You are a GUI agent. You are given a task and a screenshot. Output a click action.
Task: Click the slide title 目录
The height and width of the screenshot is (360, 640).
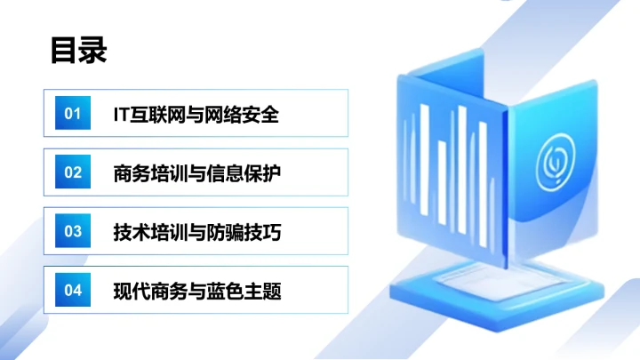coord(78,50)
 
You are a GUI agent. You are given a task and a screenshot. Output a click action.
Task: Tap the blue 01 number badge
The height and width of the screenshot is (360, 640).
coord(73,114)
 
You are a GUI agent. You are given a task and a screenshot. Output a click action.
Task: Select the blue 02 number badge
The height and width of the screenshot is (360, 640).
coord(73,172)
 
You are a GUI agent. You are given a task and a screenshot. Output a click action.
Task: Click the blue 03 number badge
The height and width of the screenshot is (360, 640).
coord(73,231)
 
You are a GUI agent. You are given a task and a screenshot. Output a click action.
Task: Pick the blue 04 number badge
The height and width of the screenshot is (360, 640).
coord(73,290)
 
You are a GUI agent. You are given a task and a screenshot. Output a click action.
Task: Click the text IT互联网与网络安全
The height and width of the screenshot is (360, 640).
coord(196,114)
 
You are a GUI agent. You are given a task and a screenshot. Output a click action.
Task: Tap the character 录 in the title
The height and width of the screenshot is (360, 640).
coord(92,50)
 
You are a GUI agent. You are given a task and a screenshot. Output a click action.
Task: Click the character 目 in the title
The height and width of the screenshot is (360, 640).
coord(64,50)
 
